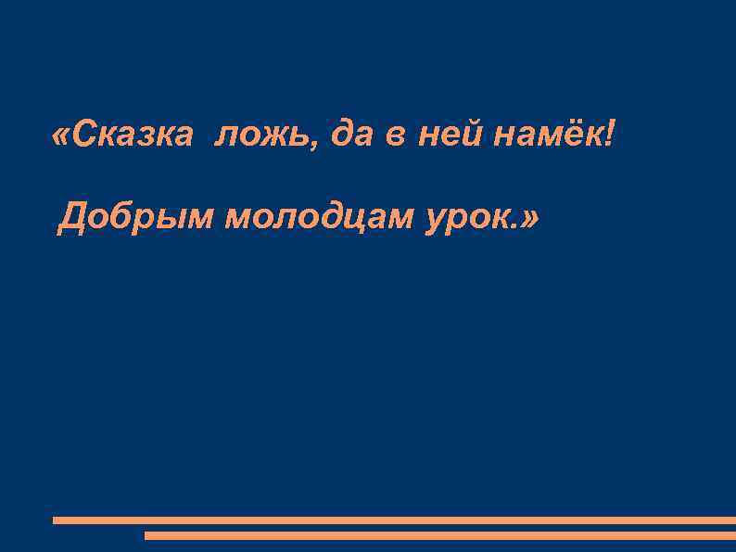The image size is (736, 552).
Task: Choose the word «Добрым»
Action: click(x=135, y=219)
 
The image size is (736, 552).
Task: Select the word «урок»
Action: click(x=468, y=219)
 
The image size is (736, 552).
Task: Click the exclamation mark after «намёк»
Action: click(x=608, y=135)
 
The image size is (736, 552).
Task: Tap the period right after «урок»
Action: click(x=514, y=228)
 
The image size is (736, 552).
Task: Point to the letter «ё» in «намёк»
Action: click(x=565, y=135)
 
